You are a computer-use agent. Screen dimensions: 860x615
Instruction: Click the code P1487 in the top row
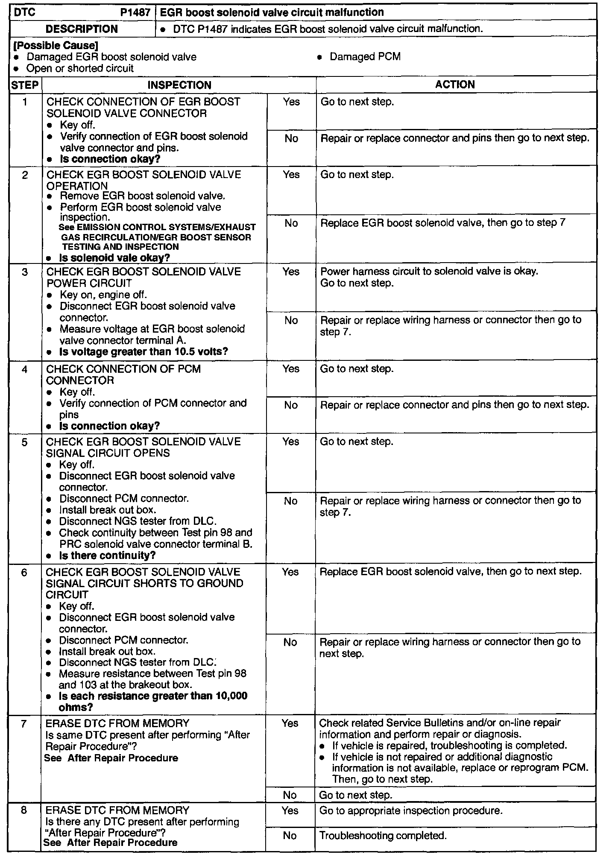[135, 13]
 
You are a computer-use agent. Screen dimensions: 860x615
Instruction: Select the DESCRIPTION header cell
[82, 29]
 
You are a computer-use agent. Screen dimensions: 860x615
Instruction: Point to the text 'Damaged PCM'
[365, 57]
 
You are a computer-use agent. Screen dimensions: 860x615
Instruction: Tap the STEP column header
[25, 85]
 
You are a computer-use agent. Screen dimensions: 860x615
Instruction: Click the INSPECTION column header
[179, 85]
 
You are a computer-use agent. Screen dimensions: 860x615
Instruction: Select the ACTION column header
[455, 85]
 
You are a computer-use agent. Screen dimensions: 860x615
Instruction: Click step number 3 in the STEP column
[25, 272]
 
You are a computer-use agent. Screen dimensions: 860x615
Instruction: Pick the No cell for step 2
[291, 223]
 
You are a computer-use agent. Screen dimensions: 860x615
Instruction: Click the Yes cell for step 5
[291, 442]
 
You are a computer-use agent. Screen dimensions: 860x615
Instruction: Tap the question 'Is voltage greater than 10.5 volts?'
[144, 352]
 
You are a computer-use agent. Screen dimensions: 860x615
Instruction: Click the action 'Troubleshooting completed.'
[383, 836]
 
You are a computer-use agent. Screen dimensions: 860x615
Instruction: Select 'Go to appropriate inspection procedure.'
[411, 810]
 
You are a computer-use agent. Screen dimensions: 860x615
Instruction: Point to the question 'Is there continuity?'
[107, 556]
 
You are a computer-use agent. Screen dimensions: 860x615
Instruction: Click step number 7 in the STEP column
[24, 723]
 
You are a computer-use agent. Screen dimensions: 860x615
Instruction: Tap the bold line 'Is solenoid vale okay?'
[114, 258]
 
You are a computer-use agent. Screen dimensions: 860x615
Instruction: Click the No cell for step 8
[290, 835]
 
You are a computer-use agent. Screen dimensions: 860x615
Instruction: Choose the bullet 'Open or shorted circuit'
[80, 68]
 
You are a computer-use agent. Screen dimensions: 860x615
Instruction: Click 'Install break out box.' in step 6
[107, 652]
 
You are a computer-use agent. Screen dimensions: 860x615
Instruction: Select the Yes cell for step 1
[292, 102]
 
